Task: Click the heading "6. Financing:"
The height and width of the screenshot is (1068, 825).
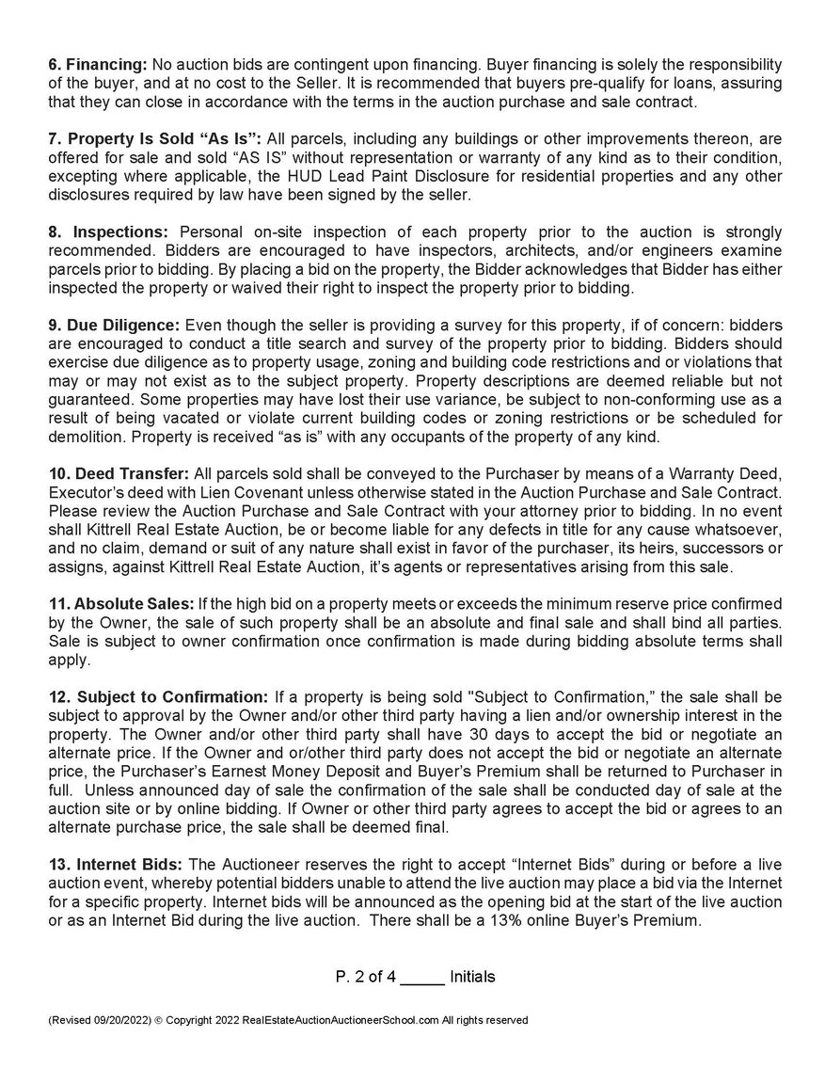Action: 98,63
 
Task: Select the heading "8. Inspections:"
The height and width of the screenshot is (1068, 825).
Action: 108,231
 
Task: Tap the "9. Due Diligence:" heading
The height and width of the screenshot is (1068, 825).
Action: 116,324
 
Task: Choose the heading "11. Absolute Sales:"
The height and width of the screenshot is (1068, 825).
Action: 119,601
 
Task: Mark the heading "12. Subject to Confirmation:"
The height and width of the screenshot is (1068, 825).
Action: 158,697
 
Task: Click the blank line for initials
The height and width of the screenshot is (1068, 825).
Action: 422,977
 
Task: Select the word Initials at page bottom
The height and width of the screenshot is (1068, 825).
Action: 472,977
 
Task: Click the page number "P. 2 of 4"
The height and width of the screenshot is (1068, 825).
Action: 366,977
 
